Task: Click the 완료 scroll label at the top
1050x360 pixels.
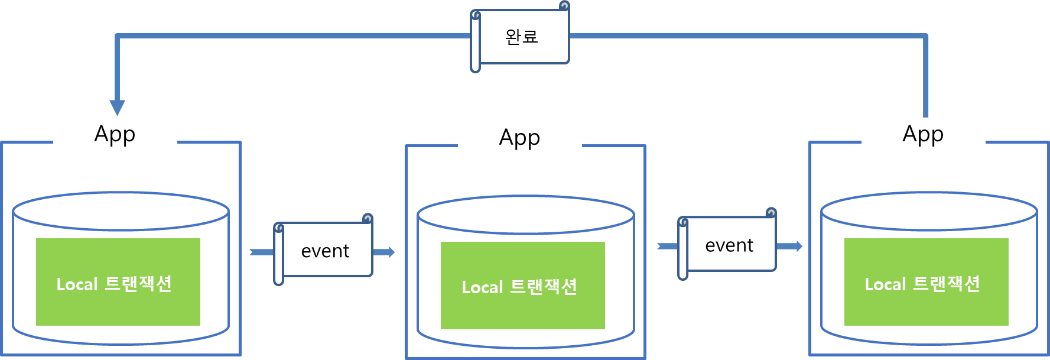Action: click(522, 37)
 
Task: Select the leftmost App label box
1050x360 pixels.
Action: click(115, 133)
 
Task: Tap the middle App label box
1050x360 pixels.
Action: click(519, 137)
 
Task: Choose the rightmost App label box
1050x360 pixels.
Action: click(923, 133)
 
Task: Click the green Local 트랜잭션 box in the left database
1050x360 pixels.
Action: click(118, 282)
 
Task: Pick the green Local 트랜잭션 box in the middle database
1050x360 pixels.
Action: click(522, 286)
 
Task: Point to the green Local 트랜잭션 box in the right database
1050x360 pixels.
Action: click(926, 282)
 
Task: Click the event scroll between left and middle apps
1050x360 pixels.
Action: click(325, 251)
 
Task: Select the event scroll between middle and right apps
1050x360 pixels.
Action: click(729, 245)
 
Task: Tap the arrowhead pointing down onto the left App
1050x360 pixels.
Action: click(118, 107)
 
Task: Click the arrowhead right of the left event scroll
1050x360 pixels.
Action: click(388, 252)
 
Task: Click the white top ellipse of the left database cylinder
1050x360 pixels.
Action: click(121, 211)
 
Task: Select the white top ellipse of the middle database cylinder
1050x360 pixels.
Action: click(525, 215)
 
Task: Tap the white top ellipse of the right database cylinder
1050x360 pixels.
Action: click(929, 211)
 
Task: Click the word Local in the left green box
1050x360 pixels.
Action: click(77, 284)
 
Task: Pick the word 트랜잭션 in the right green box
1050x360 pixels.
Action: click(947, 284)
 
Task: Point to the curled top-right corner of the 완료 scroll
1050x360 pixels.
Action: click(564, 6)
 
